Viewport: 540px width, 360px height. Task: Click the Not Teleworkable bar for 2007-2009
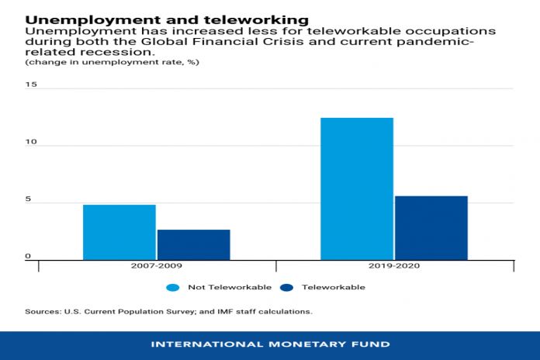click(119, 232)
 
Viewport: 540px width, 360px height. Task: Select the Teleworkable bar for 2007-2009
click(194, 244)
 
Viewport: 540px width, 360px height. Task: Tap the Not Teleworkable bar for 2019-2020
click(357, 189)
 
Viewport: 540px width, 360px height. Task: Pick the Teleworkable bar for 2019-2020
click(431, 227)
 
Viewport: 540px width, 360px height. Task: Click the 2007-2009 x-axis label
click(156, 265)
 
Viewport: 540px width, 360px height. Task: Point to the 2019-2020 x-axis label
click(393, 265)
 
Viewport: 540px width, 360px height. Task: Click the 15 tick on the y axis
click(30, 85)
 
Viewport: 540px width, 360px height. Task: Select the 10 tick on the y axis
click(30, 142)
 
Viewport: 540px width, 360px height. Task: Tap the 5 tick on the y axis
click(28, 199)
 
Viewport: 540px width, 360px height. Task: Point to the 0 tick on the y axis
click(28, 256)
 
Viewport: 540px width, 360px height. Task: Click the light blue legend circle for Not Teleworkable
click(172, 287)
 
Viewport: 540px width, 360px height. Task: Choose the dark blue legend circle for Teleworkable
click(286, 287)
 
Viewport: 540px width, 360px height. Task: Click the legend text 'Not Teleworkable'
click(230, 287)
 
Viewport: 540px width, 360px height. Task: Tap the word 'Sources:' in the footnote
click(43, 311)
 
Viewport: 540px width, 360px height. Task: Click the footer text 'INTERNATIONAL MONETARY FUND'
click(270, 344)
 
